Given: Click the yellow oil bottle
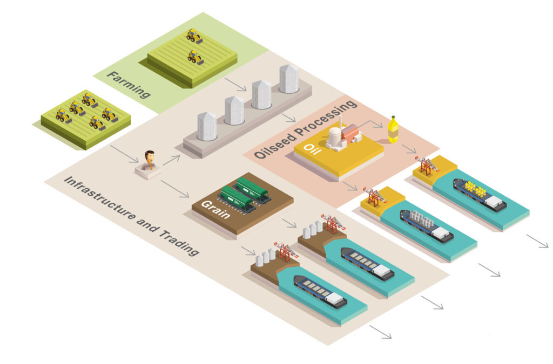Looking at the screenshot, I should coord(393,130).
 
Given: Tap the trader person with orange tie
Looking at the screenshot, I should coord(149,160).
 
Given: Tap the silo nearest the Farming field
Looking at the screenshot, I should coord(289,79).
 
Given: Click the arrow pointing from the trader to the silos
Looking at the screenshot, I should coord(171,159).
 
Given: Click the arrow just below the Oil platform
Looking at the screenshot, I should coord(350,186).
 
